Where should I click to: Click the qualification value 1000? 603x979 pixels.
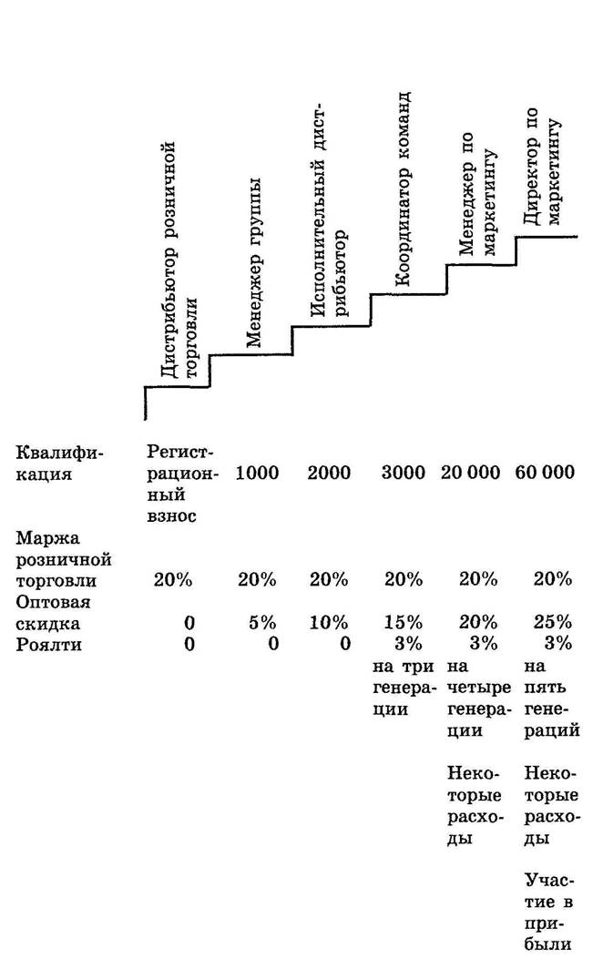pyautogui.click(x=257, y=473)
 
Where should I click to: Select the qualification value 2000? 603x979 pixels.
pyautogui.click(x=329, y=473)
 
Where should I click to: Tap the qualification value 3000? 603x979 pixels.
pyautogui.click(x=404, y=473)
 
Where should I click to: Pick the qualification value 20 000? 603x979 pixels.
pyautogui.click(x=470, y=473)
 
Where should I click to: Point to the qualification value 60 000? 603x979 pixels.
pyautogui.click(x=545, y=473)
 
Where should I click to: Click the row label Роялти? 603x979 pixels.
pyautogui.click(x=48, y=645)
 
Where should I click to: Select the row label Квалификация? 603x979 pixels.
pyautogui.click(x=60, y=463)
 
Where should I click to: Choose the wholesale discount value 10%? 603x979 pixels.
pyautogui.click(x=329, y=623)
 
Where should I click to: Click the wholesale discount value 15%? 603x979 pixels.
pyautogui.click(x=404, y=623)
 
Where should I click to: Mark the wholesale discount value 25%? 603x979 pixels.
pyautogui.click(x=552, y=623)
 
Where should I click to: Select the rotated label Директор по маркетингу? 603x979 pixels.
pyautogui.click(x=541, y=168)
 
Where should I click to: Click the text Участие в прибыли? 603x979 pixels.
pyautogui.click(x=548, y=913)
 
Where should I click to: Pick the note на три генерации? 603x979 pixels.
pyautogui.click(x=404, y=688)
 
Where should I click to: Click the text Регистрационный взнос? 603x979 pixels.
pyautogui.click(x=183, y=484)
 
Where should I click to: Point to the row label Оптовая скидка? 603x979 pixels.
pyautogui.click(x=53, y=613)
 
